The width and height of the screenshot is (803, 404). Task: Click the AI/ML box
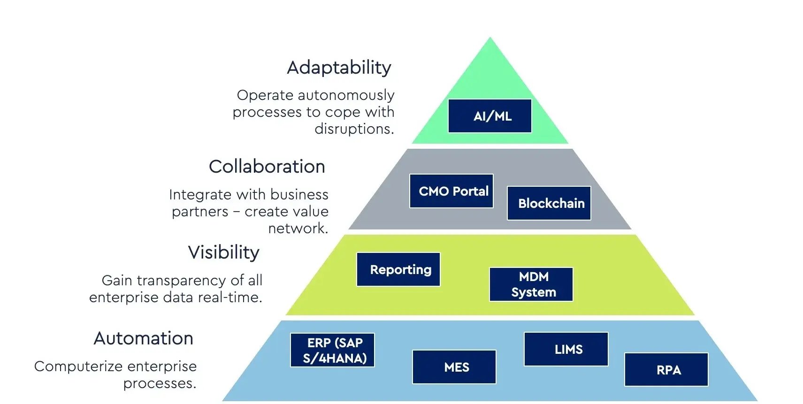[489, 116]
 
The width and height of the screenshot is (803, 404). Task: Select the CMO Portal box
[451, 191]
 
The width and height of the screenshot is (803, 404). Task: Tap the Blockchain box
[549, 203]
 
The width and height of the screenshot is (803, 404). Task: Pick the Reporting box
[398, 269]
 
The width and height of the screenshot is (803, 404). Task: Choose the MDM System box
[531, 284]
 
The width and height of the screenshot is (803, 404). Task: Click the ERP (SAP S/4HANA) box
[332, 350]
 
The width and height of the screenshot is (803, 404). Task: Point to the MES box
[454, 367]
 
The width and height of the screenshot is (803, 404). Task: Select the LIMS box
[566, 349]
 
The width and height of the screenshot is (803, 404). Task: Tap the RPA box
[666, 370]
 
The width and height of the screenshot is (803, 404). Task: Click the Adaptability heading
[339, 68]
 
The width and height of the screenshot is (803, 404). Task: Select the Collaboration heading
[267, 167]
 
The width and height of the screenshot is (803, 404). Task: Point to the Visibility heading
[223, 252]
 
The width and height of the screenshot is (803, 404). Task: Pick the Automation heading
[143, 338]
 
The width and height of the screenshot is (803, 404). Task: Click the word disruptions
[354, 129]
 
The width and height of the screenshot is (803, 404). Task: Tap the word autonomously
[346, 95]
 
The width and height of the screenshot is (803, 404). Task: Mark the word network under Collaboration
[298, 229]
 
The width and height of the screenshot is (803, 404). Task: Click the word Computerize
[76, 366]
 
